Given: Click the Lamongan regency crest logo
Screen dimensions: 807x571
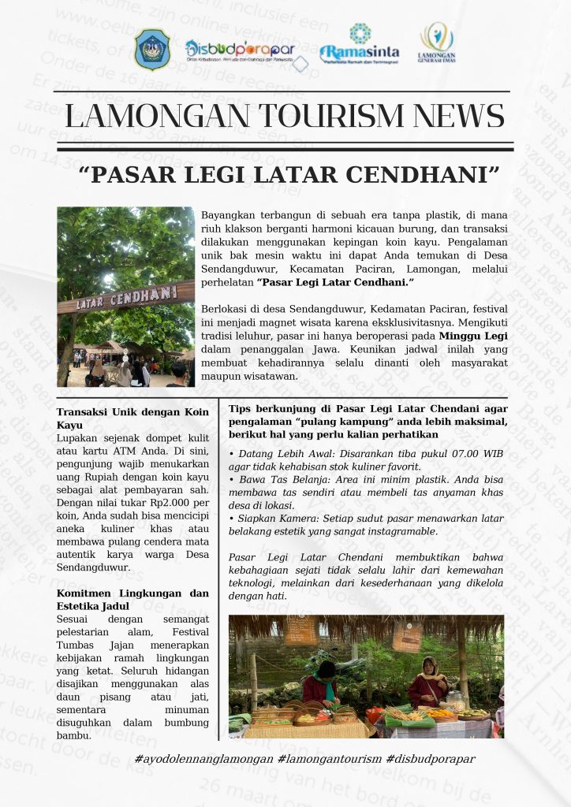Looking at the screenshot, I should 151,50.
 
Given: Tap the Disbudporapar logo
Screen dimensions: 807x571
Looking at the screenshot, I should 240,50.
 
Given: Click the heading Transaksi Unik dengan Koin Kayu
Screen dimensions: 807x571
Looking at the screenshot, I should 132,418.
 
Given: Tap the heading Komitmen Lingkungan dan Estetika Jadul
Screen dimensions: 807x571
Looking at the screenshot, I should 132,599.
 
